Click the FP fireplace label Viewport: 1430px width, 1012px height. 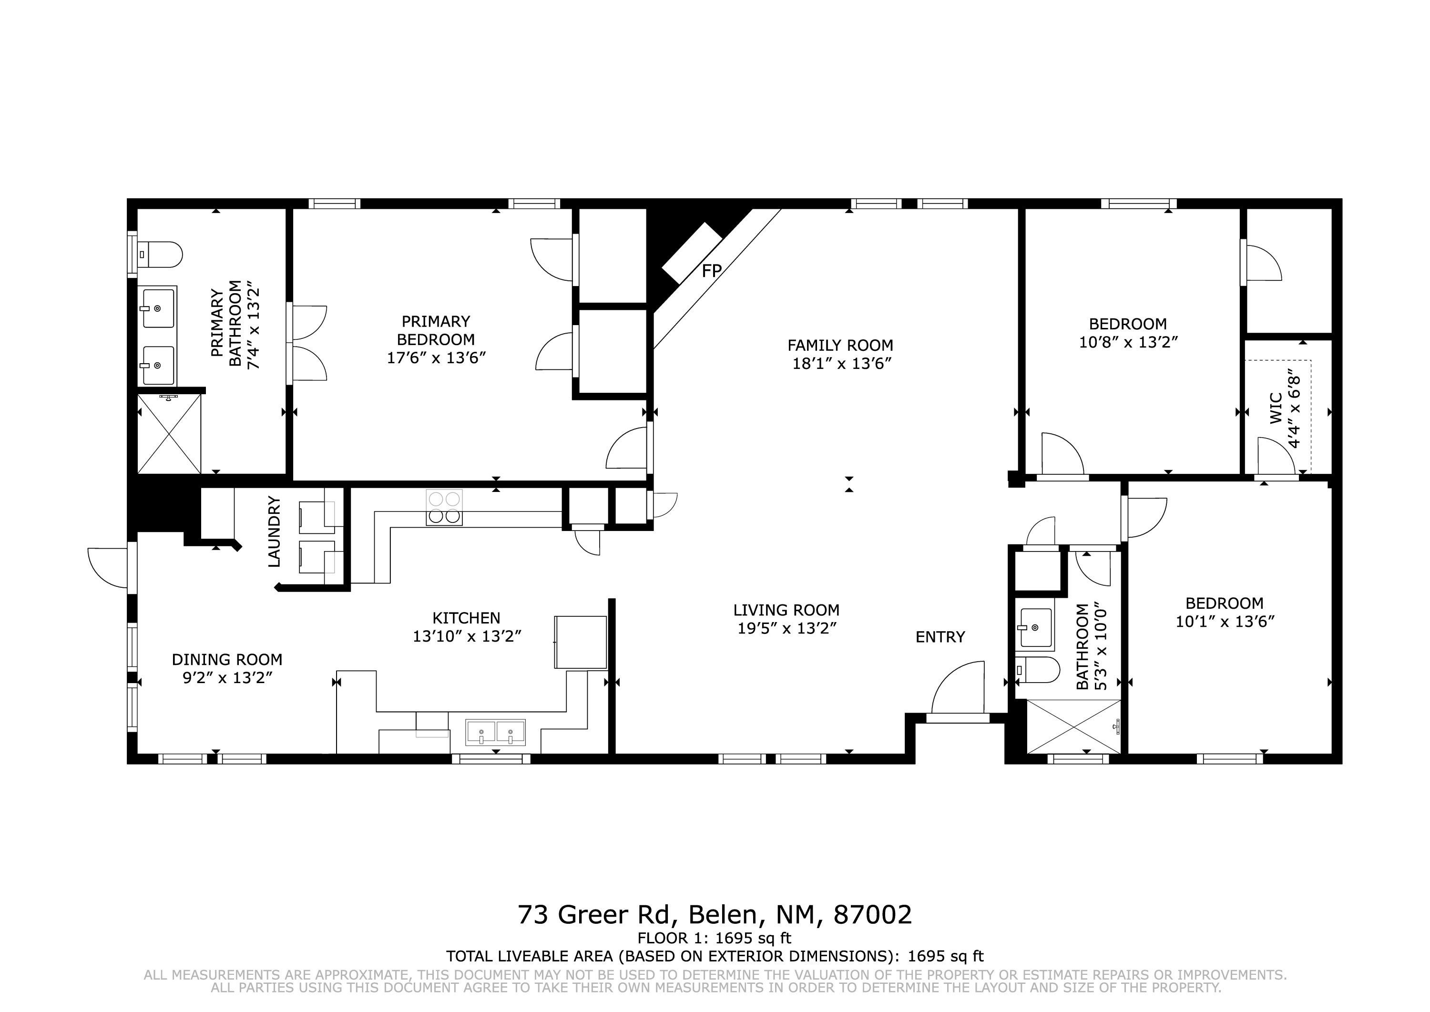712,271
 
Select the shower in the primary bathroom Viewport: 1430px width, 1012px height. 169,433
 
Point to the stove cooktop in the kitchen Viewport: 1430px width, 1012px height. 444,507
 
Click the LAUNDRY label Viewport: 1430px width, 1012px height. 274,532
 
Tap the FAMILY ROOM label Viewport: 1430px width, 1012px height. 840,345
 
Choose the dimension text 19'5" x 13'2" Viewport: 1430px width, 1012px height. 786,628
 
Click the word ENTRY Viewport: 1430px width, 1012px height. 940,637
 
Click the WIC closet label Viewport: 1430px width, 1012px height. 1276,409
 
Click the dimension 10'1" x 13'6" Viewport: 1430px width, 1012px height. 1225,621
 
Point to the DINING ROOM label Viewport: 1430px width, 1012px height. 227,659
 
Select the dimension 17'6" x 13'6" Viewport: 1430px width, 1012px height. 436,358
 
